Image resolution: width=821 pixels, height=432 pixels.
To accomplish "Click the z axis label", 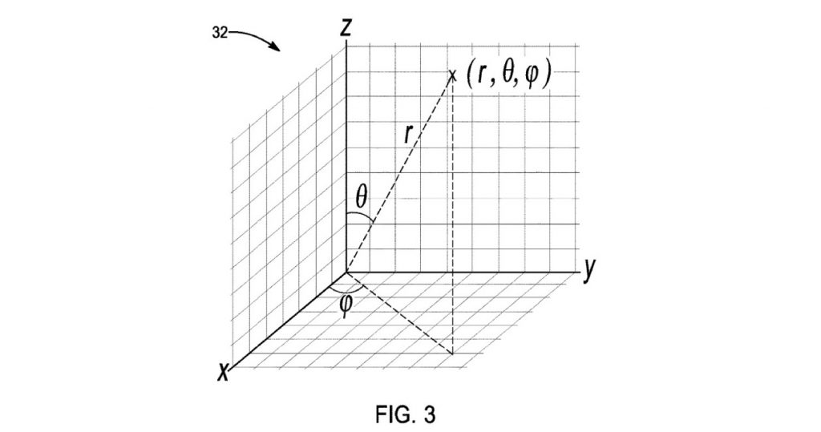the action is coord(345,27).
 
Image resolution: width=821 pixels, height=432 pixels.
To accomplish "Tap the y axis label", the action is coord(590,270).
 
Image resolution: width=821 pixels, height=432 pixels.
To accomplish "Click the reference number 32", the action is coord(220,33).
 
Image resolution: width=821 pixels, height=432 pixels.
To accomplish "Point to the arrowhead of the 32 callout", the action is coord(276,47).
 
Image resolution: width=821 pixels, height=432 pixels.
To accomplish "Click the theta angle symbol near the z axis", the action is coord(362,197).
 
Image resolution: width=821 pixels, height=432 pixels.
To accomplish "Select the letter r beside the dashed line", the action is coord(408,135).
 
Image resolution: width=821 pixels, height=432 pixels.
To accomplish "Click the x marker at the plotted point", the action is coord(453,75).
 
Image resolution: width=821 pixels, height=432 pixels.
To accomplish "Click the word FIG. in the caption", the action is coord(393,415).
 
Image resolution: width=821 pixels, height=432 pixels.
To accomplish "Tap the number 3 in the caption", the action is coord(430,415).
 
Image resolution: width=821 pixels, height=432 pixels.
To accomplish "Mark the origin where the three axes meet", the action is coord(346,273).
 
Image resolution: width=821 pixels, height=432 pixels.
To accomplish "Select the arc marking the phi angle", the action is coord(346,292).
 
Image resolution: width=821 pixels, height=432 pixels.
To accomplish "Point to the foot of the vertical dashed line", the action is coord(452,354).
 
